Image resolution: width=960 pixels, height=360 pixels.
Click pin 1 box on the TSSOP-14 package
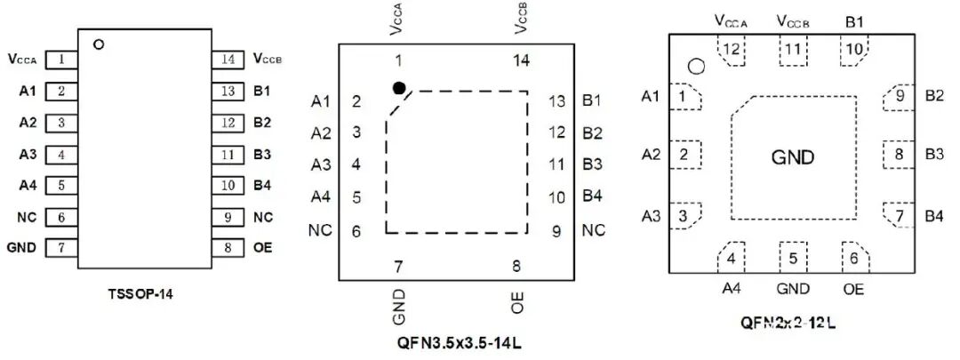coord(61,60)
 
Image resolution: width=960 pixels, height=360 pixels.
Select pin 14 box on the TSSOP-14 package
coord(228,60)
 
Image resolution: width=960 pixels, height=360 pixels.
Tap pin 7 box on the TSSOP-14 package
coord(61,248)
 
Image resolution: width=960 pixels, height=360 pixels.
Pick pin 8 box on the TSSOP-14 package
coord(228,248)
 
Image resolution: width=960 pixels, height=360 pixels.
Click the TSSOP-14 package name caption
coord(140,294)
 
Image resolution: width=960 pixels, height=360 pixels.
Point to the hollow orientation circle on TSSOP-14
coord(100,44)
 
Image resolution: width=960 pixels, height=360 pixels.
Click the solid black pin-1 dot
coord(399,88)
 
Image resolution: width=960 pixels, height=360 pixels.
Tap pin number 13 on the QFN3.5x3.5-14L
coord(556,101)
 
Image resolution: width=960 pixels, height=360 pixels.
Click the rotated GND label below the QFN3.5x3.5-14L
coord(399,308)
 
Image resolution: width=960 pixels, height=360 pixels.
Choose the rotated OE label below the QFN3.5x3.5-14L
coord(517,303)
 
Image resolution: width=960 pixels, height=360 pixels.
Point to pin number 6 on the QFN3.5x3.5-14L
coord(357,231)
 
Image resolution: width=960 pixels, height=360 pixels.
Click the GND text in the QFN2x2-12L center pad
coord(793,158)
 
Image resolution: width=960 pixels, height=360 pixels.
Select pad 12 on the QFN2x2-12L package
coord(731,50)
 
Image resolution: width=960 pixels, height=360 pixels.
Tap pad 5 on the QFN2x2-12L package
coord(793,258)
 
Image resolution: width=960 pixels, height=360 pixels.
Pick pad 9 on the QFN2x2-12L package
coord(899,97)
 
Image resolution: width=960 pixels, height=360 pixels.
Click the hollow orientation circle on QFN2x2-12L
coord(696,66)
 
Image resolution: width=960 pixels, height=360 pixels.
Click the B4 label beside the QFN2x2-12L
coord(934,215)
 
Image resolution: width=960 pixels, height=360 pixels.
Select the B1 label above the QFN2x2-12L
coord(855,22)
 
